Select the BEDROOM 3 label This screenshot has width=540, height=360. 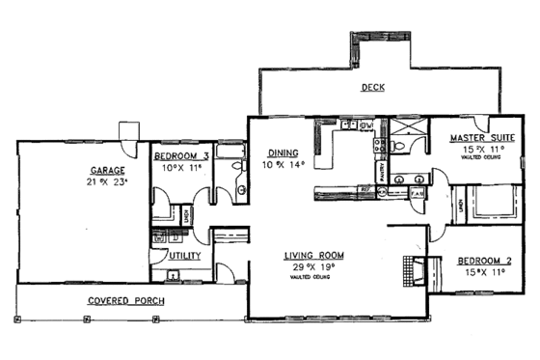(181, 155)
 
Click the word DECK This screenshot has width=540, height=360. (373, 87)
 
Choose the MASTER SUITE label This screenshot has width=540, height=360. (482, 138)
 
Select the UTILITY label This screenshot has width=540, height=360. (185, 256)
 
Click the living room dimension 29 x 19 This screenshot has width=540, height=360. (312, 267)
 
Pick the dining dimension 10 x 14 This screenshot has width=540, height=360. (283, 164)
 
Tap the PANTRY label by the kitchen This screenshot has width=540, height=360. (382, 173)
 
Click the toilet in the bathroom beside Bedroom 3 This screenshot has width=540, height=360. (240, 189)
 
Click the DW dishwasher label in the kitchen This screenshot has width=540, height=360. (366, 125)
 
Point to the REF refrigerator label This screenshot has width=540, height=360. (365, 190)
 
